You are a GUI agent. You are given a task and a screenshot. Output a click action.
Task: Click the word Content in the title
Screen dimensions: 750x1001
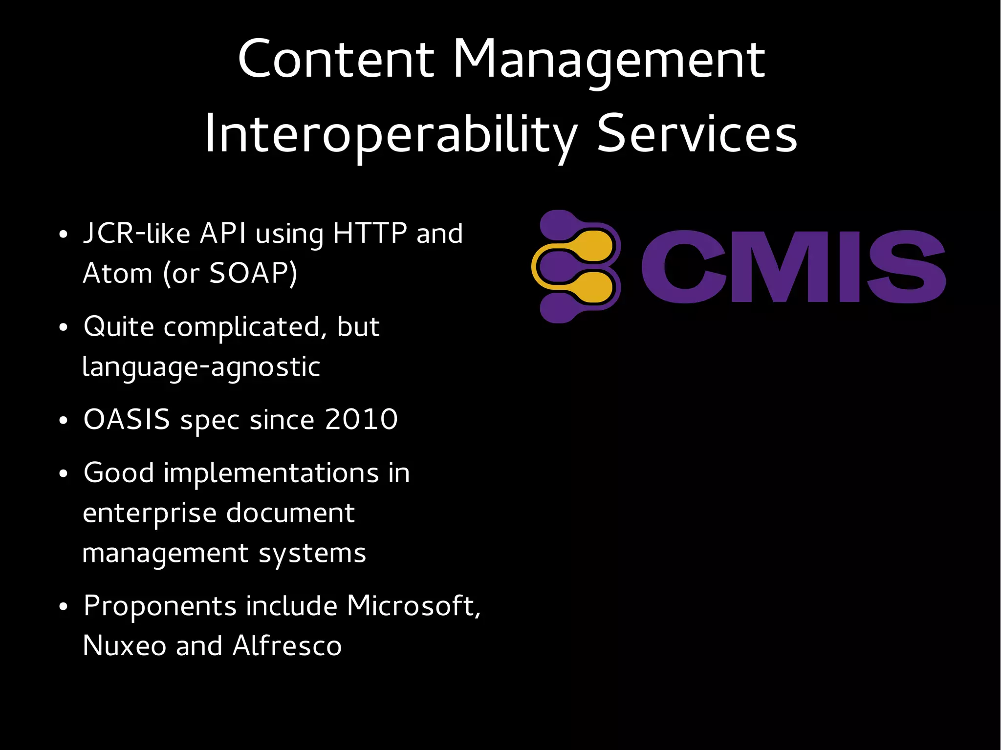(x=336, y=60)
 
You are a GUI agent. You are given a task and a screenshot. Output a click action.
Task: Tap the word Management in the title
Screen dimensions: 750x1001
(x=609, y=60)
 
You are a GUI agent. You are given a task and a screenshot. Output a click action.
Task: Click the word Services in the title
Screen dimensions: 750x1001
(x=697, y=134)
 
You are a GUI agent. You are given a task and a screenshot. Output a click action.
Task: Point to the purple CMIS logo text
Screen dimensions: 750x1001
(x=793, y=267)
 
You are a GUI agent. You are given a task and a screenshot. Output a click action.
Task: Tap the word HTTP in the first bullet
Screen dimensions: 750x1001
(x=370, y=233)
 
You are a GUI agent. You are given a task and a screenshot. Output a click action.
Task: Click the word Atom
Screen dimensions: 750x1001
(x=117, y=273)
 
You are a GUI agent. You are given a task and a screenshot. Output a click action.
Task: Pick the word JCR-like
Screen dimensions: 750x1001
(x=136, y=233)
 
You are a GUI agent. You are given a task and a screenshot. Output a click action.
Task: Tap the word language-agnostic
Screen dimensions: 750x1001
(x=201, y=367)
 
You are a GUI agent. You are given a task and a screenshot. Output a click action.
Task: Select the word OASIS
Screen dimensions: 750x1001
(x=127, y=420)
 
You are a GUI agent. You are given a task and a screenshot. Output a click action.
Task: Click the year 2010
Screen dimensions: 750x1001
(x=361, y=420)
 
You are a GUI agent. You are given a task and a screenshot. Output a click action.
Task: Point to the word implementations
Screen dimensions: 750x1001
(x=271, y=473)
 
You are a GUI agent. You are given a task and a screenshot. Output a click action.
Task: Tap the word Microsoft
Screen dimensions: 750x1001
(x=413, y=606)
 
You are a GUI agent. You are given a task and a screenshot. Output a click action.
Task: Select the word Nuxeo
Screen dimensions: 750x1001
(x=125, y=646)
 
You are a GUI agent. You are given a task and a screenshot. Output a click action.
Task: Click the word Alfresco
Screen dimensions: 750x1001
(x=287, y=646)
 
